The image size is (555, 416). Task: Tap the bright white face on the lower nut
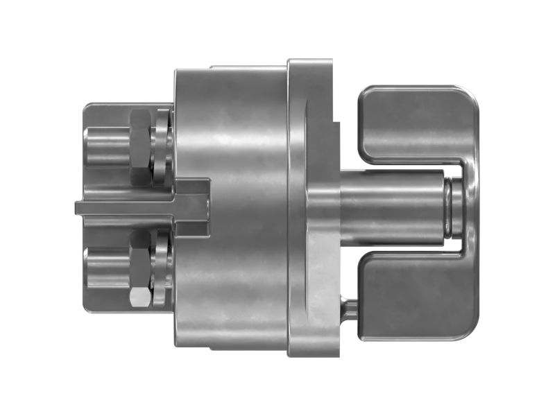tap(139, 297)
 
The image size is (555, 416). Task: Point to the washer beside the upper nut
tap(161, 146)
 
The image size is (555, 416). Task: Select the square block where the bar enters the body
tap(194, 207)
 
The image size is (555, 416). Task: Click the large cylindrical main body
tap(232, 208)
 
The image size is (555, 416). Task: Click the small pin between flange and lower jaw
tap(349, 309)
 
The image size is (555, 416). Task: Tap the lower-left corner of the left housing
tap(87, 309)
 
